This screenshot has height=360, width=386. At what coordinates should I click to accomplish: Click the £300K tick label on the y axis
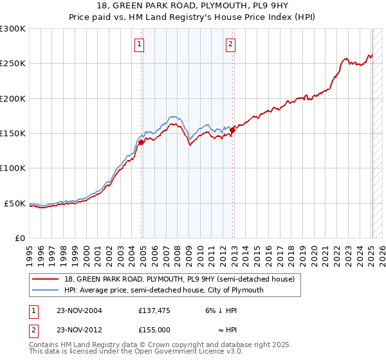point(13,29)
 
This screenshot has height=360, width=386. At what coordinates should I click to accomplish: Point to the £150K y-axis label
point(13,133)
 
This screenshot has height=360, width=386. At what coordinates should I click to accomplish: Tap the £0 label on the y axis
point(19,238)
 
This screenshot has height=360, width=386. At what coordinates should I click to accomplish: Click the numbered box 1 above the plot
point(140,44)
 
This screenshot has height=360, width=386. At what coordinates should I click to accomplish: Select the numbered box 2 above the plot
point(230,44)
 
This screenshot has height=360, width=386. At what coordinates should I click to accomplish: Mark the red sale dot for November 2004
point(142,142)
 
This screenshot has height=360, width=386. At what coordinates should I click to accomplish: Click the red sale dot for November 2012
point(232,130)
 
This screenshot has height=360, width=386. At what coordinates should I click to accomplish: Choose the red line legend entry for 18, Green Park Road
point(179,279)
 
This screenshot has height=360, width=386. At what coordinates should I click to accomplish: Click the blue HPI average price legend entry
point(163,290)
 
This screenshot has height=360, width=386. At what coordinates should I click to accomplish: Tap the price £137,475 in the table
point(155,310)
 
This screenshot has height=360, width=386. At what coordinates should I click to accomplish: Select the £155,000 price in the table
point(155,328)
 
